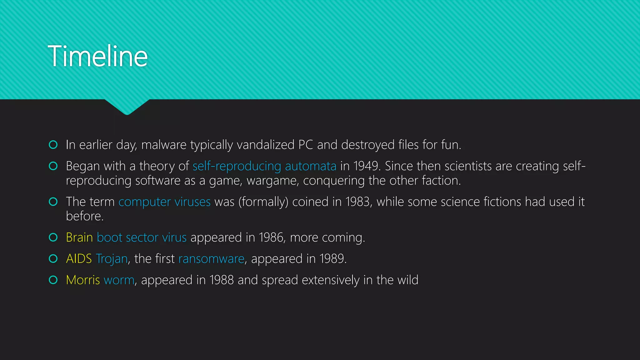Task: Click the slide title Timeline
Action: coord(97,56)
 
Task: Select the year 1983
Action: coord(357,202)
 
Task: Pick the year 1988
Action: coord(222,280)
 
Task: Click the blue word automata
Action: coord(311,166)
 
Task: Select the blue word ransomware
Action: coord(211,259)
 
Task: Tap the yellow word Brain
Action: coord(79,237)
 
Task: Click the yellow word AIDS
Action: coord(79,259)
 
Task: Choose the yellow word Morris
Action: coord(83,280)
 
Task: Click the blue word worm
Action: coord(119,280)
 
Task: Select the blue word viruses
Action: coord(192,202)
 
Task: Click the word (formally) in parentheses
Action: coord(263,202)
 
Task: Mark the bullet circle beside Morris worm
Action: coord(53,280)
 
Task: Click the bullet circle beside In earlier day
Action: coord(53,145)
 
